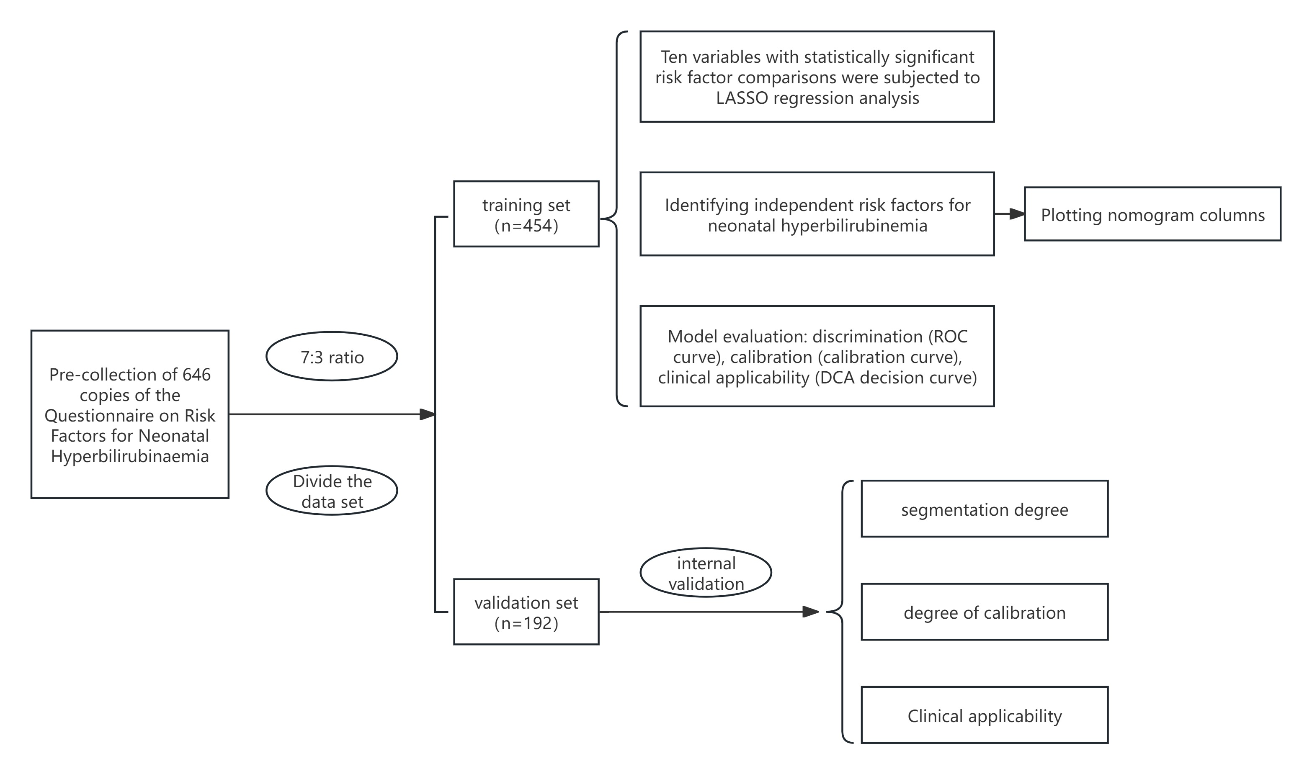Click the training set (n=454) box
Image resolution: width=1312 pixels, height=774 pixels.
(526, 214)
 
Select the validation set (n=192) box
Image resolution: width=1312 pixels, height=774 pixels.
(526, 612)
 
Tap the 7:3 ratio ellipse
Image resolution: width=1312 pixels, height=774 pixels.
(332, 357)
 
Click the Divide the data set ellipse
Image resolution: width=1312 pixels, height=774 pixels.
(332, 491)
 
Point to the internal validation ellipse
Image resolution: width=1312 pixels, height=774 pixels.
(706, 573)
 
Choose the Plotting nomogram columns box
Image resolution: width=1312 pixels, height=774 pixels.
(1152, 214)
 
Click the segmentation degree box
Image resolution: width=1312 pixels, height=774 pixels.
(985, 509)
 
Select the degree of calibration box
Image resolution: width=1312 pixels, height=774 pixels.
(985, 612)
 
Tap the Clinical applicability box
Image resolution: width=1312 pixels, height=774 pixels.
(985, 715)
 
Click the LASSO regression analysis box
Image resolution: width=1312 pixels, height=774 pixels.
(817, 77)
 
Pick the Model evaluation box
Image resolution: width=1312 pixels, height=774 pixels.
(817, 356)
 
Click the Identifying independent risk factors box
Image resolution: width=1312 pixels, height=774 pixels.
(817, 214)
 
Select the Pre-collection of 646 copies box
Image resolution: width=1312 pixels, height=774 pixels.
(130, 414)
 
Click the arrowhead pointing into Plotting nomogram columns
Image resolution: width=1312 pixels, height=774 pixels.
(1017, 214)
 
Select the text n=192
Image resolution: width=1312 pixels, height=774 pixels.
(526, 623)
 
